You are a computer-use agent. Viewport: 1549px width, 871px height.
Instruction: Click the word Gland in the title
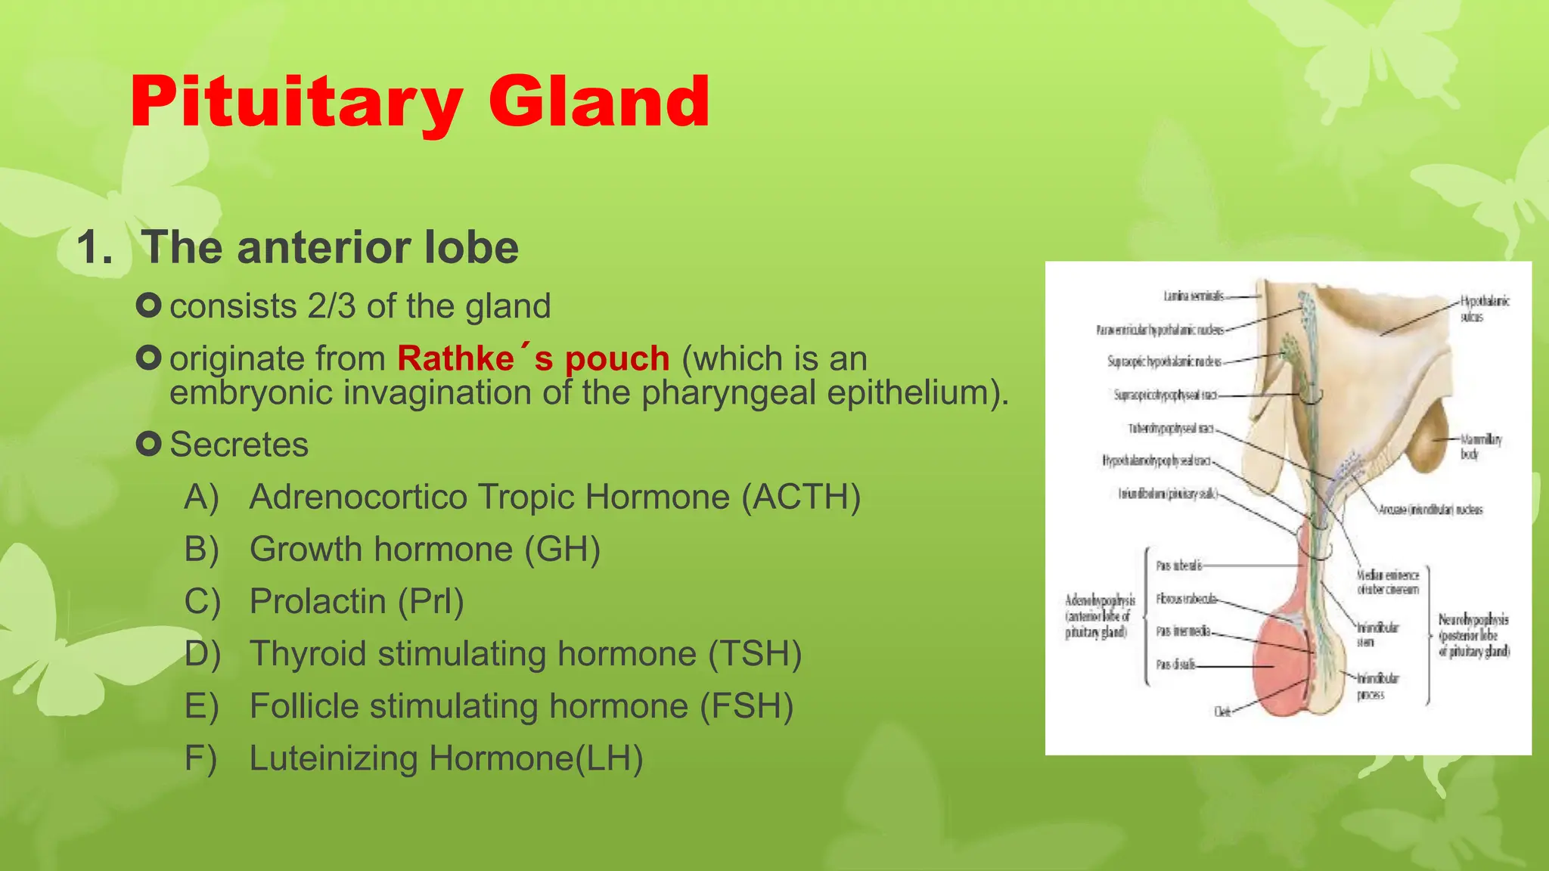599,102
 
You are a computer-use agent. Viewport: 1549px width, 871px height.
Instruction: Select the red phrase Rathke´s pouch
533,358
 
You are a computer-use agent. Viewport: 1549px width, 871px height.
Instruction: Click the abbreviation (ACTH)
801,497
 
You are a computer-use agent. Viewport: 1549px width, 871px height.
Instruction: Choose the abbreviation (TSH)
755,654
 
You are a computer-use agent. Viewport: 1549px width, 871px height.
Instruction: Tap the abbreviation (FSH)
747,706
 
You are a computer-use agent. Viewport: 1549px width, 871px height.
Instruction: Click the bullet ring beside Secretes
149,444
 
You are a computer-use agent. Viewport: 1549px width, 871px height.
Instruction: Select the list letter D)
202,654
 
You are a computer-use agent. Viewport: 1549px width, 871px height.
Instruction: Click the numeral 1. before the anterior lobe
95,247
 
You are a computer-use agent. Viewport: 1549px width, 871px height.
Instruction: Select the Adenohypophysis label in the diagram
1099,615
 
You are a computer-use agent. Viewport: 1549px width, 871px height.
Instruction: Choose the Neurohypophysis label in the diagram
1473,635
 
